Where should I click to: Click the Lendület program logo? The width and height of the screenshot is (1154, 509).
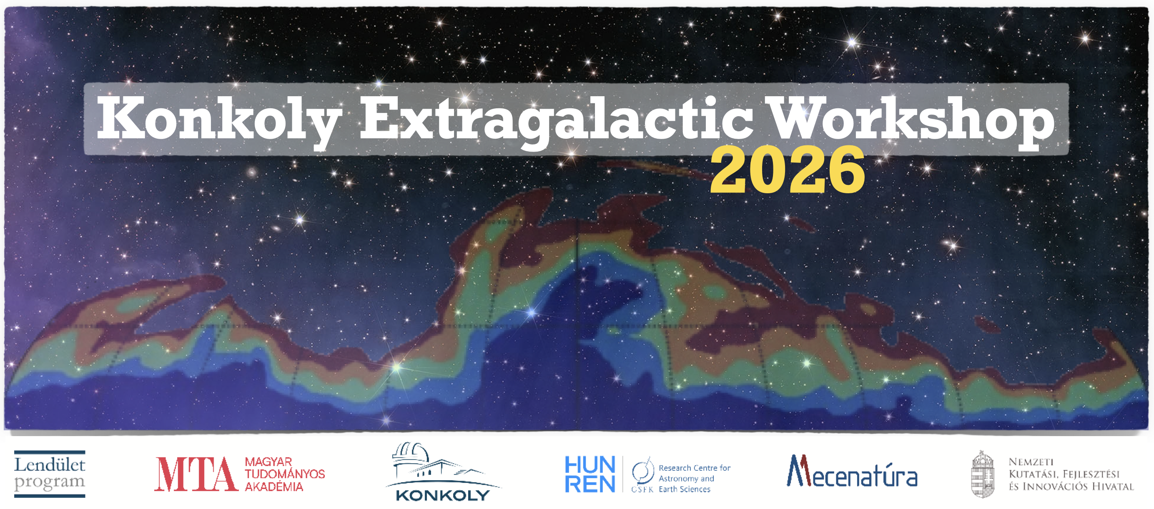tap(50, 474)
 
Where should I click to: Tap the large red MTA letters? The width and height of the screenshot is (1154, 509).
tap(196, 474)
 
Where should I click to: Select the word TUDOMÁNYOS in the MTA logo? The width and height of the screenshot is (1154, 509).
tap(284, 474)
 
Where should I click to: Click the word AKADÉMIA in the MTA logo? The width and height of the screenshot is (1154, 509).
tap(274, 487)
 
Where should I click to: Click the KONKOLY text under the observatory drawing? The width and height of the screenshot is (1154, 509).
tap(443, 495)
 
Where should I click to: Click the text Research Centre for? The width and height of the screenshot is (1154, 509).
tap(695, 468)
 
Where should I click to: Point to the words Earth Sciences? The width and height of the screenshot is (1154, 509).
tap(685, 489)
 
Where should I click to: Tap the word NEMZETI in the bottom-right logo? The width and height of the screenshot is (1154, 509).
tap(1031, 462)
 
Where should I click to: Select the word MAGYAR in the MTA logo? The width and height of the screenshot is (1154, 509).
tap(268, 462)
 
